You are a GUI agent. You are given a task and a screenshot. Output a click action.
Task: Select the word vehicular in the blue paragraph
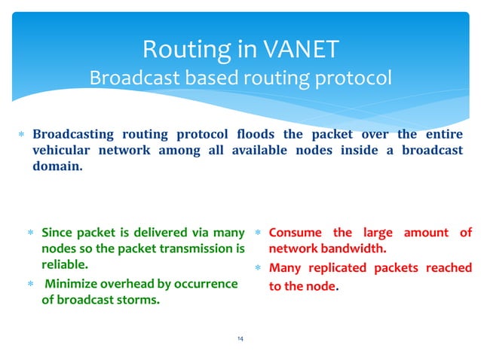point(63,150)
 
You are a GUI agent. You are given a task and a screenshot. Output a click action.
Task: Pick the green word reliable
point(64,265)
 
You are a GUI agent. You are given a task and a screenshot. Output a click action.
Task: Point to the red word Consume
point(295,232)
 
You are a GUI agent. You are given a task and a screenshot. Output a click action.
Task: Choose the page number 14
point(240,340)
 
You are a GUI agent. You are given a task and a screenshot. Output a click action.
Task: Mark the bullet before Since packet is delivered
point(32,233)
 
